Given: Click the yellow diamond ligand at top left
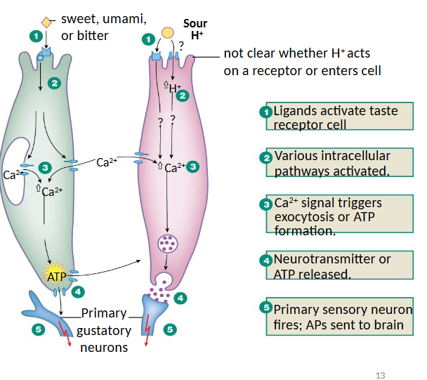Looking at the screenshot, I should point(46,22).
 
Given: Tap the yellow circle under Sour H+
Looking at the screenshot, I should point(168,32).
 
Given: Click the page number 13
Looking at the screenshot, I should point(381,375).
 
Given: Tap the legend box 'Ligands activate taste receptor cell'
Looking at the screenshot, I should point(339,117).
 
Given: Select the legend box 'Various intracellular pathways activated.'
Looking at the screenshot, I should point(339,163).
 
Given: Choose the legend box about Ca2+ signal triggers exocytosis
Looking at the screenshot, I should point(339,216).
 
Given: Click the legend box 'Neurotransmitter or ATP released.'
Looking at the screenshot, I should point(339,266).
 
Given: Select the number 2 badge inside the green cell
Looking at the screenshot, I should point(55,83).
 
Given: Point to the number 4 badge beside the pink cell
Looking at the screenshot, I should point(180,298).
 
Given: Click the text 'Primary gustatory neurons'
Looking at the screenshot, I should point(103,330).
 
